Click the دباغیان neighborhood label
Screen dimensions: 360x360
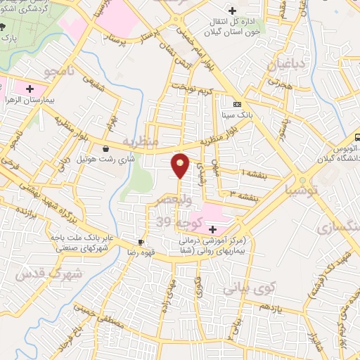[x=285, y=64]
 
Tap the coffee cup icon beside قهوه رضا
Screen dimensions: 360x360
[x=141, y=243]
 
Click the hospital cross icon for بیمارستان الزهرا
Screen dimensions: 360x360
[x=30, y=89]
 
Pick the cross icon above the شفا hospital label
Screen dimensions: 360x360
[x=212, y=229]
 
